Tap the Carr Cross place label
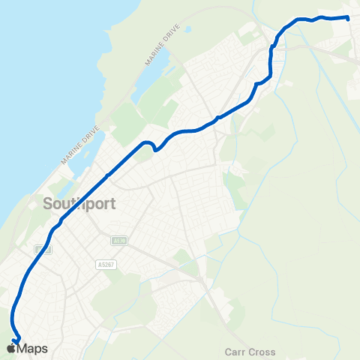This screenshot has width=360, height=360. (x=250, y=352)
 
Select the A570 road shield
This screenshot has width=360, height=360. (x=118, y=241)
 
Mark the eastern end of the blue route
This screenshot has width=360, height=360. (x=349, y=17)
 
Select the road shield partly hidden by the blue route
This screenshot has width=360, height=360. (x=42, y=249)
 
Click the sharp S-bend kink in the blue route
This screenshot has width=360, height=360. (x=154, y=146)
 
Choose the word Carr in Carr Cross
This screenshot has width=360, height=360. (x=235, y=352)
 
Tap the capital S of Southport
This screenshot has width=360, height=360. (x=48, y=203)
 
